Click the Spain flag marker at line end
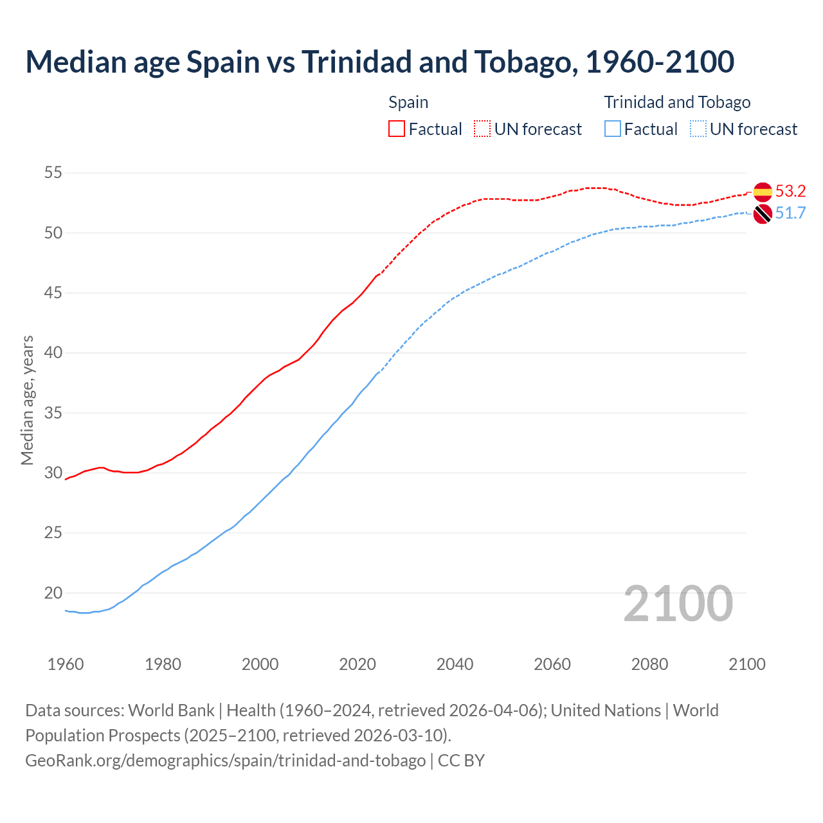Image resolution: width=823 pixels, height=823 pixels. (x=763, y=192)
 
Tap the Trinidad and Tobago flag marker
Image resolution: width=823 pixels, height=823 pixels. (x=763, y=214)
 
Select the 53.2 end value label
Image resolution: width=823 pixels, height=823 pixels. (x=790, y=191)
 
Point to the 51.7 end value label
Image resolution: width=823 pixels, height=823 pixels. (x=790, y=213)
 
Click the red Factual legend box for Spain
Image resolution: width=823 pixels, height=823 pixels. (x=397, y=129)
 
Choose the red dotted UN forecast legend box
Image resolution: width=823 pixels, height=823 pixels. (x=482, y=129)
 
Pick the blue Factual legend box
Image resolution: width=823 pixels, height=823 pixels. (x=613, y=129)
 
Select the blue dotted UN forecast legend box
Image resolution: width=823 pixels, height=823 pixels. (x=698, y=129)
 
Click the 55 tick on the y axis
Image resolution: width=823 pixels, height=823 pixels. (x=53, y=172)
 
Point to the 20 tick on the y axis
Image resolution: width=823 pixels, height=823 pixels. (x=53, y=593)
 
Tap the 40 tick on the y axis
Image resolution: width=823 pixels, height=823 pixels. (x=53, y=352)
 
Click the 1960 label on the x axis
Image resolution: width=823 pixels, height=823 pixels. (x=66, y=664)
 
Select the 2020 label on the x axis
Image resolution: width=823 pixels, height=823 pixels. (x=357, y=664)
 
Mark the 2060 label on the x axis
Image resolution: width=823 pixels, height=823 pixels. (x=552, y=664)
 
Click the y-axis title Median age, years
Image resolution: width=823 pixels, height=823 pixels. (x=27, y=400)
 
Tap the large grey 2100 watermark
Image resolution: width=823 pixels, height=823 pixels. (x=678, y=603)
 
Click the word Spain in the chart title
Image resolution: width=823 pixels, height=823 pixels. (x=222, y=62)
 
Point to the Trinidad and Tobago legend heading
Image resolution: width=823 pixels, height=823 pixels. (x=677, y=102)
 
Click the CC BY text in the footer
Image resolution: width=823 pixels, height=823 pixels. (x=461, y=761)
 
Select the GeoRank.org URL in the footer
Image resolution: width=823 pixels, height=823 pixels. (x=225, y=761)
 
